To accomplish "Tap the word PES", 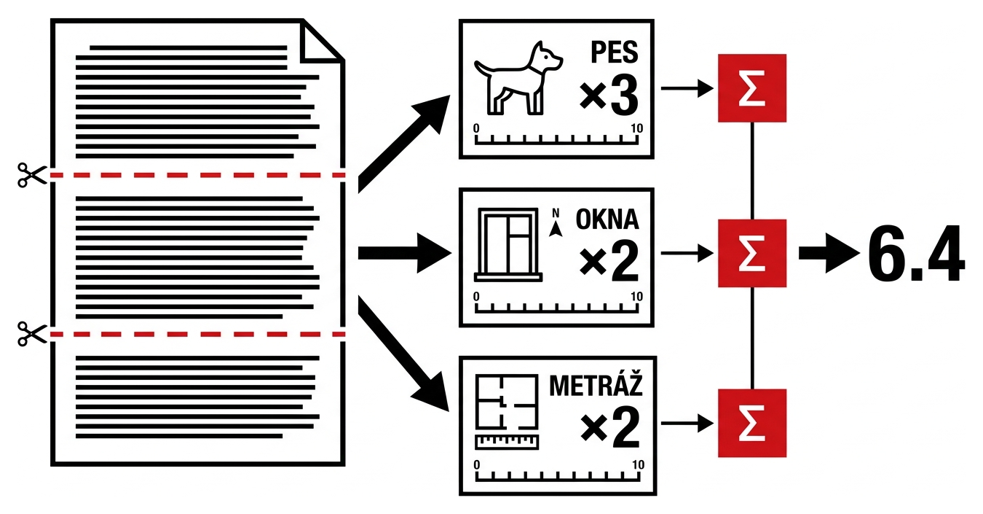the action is [x=615, y=52].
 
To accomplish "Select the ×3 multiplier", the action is [x=609, y=96].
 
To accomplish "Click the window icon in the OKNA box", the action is [x=508, y=245].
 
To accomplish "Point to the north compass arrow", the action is [x=556, y=224].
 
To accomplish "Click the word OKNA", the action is [x=607, y=219].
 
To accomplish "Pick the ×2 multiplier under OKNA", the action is [x=609, y=261].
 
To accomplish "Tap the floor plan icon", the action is [x=507, y=402].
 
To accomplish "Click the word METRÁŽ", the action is [x=596, y=385].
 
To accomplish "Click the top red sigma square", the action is [x=752, y=88].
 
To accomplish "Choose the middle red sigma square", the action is [x=752, y=253].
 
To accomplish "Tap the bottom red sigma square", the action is [x=752, y=423].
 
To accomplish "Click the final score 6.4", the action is [x=916, y=254].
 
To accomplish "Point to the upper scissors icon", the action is [x=32, y=175].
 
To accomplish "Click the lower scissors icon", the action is [x=32, y=334].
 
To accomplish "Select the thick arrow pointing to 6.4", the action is [x=829, y=253].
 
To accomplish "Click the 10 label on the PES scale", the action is [x=636, y=128].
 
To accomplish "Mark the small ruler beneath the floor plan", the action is [x=507, y=442].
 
